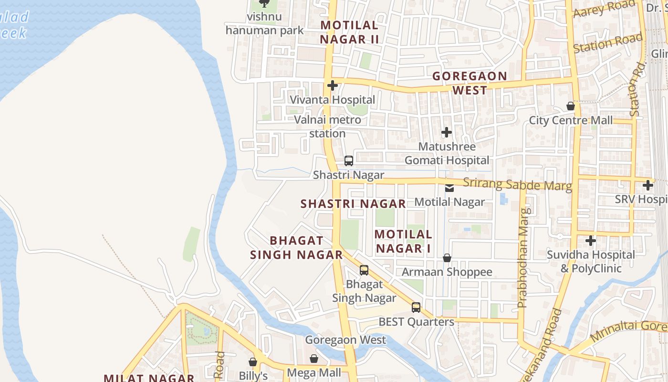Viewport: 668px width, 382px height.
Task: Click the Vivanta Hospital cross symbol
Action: pos(333,85)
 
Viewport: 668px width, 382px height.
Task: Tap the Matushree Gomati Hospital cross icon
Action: pos(446,132)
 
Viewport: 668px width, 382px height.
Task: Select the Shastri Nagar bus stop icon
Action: pos(349,161)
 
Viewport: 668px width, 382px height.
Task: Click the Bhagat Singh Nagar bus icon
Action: pos(364,270)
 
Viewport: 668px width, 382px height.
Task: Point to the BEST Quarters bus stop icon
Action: pos(416,308)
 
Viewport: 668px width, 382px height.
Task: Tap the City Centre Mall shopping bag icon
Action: pos(570,106)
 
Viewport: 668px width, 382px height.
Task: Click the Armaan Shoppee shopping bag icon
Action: pos(447,258)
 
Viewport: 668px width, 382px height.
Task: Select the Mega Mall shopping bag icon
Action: pos(314,358)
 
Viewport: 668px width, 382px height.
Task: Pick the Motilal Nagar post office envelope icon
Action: pos(449,188)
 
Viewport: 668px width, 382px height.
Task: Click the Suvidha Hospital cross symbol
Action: pos(591,241)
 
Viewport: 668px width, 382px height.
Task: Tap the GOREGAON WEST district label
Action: pos(470,83)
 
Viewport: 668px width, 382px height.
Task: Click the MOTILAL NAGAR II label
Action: pos(349,32)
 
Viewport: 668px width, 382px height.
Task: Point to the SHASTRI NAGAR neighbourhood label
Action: pos(353,204)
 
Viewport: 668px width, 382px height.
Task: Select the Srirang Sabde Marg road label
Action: pos(517,184)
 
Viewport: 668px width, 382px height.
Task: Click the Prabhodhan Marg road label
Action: pos(523,258)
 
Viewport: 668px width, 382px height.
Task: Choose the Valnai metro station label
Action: pos(327,127)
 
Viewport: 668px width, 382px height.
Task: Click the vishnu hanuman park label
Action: pos(264,23)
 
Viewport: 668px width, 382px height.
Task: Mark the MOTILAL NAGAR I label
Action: pos(403,241)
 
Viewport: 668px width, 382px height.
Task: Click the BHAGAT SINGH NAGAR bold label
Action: pos(297,247)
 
